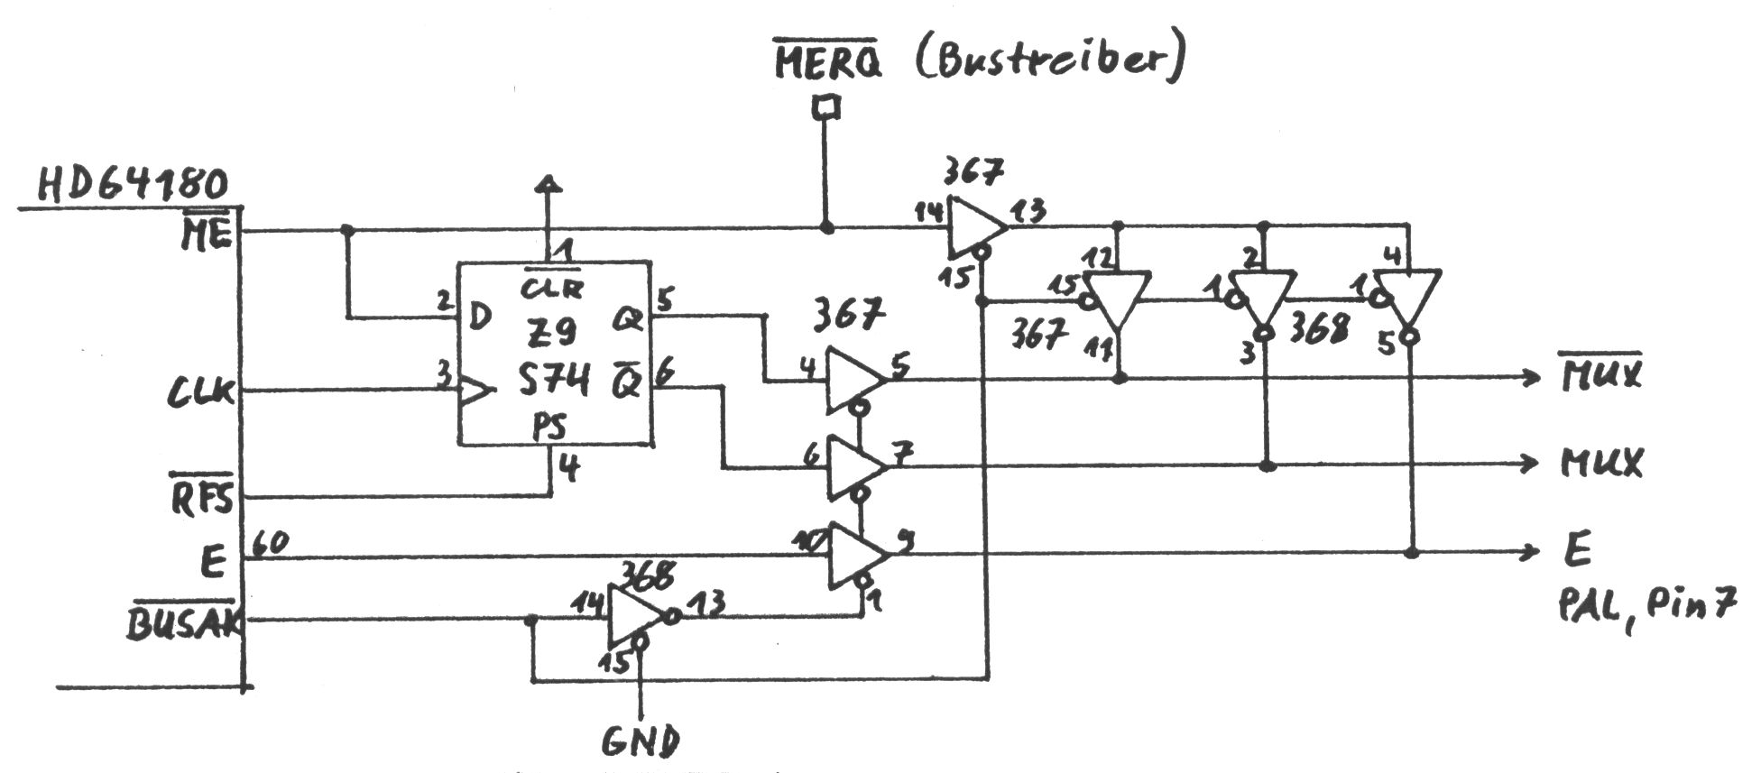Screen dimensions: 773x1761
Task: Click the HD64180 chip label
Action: [x=133, y=185]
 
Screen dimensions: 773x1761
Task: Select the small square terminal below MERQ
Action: [x=825, y=109]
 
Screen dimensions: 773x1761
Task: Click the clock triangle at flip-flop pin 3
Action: [x=476, y=391]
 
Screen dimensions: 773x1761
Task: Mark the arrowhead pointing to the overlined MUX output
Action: [x=1530, y=378]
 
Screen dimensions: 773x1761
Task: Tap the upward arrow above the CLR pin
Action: [x=548, y=185]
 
